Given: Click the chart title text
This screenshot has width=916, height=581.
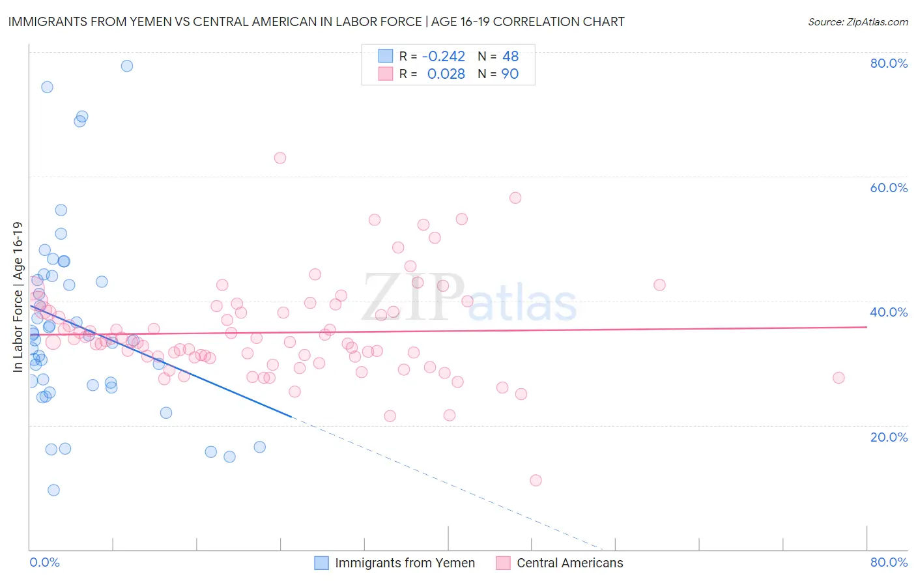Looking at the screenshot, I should (x=316, y=21).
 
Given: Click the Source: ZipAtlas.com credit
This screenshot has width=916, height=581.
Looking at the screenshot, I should (x=857, y=21).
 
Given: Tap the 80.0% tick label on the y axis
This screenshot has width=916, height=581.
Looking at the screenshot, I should (x=889, y=63).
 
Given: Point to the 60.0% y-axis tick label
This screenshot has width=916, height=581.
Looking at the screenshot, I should (x=889, y=188).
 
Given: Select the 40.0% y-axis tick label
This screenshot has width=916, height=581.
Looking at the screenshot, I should (x=889, y=312).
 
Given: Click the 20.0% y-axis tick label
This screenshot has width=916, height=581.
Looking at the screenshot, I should (x=889, y=436).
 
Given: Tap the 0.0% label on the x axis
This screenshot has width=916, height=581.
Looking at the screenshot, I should (x=44, y=562).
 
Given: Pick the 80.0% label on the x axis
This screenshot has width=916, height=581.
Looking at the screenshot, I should (x=889, y=562).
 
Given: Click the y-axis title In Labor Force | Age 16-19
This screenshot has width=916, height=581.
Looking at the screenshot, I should (x=18, y=297).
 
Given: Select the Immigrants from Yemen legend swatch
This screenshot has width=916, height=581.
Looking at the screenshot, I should (x=322, y=563).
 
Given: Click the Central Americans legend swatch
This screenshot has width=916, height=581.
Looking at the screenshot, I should (x=503, y=563).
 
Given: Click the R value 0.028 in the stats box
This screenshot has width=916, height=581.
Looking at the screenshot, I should (x=446, y=74).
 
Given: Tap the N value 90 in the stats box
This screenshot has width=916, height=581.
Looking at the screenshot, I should (x=509, y=74).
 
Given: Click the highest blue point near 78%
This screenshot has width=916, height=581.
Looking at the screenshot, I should (x=127, y=66).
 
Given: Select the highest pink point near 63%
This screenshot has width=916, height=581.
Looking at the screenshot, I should (x=280, y=158).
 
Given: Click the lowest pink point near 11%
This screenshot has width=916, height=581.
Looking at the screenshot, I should (x=536, y=480).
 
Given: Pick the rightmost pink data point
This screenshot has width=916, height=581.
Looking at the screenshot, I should (x=838, y=378).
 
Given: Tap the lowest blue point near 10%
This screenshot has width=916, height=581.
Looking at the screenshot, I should (x=53, y=490).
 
